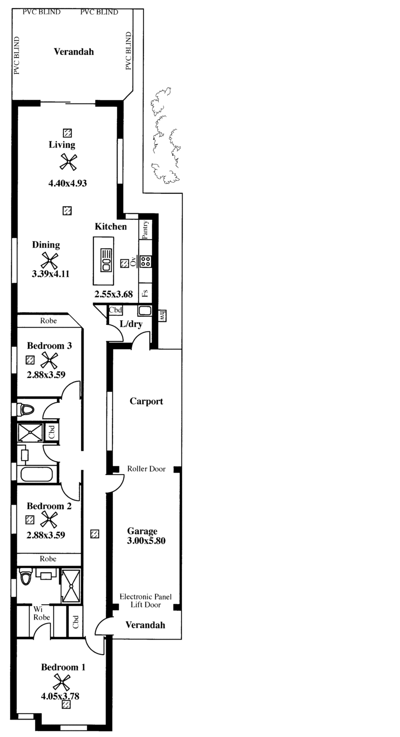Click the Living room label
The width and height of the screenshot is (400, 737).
(62, 145)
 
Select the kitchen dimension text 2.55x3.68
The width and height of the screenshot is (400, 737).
(113, 294)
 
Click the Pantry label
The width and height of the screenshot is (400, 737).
(145, 229)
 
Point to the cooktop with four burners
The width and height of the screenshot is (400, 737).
(145, 261)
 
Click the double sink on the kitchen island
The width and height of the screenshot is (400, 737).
(106, 260)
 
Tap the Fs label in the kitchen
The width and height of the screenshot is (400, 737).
(145, 293)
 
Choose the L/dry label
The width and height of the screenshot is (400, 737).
(131, 324)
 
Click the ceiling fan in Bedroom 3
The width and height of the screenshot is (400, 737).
(49, 360)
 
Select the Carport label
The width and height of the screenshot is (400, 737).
(146, 401)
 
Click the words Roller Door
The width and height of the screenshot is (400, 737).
(146, 469)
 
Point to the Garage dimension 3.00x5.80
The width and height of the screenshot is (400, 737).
(146, 541)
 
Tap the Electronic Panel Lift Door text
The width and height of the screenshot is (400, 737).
(145, 601)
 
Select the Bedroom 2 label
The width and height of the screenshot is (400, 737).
(49, 506)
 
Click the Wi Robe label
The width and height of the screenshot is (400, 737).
(41, 614)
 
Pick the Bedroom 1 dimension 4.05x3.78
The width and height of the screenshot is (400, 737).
(60, 696)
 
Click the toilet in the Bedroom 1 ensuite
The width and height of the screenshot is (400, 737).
(25, 577)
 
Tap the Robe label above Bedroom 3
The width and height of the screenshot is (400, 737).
(48, 321)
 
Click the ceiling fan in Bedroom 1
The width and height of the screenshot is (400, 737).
(62, 683)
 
